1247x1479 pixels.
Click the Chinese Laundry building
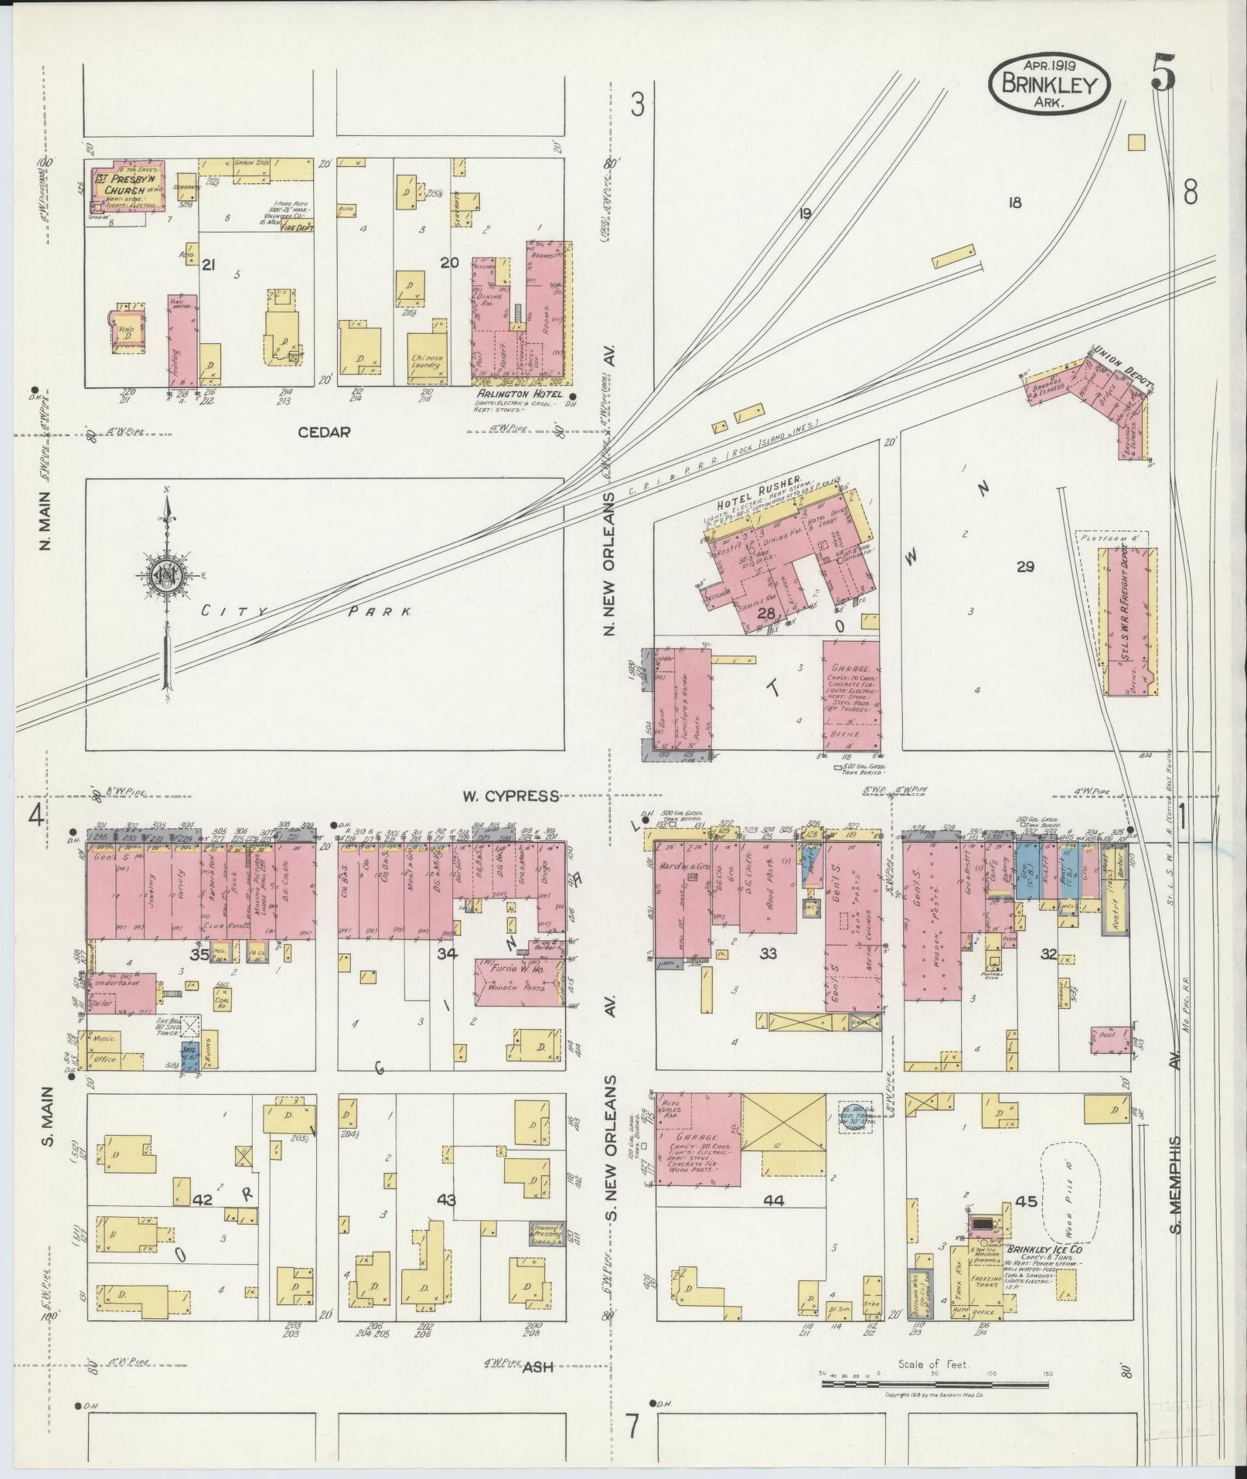point(428,360)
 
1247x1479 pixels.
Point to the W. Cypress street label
point(510,796)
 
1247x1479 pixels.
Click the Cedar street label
point(325,432)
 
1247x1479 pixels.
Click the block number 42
point(202,1200)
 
